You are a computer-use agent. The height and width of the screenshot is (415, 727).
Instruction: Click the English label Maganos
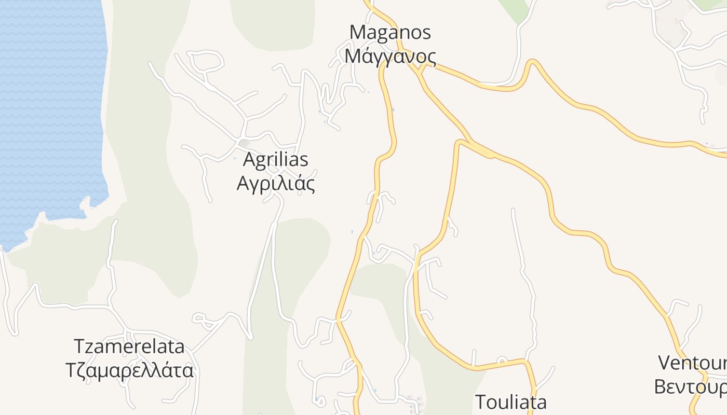click(x=390, y=32)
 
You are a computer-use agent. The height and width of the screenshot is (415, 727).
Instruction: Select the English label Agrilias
click(x=275, y=160)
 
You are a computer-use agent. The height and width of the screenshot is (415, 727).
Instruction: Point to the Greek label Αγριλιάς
click(x=275, y=183)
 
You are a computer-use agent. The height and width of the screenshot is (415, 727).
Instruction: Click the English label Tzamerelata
click(x=129, y=347)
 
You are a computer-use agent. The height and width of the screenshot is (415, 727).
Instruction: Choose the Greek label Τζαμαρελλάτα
click(x=129, y=371)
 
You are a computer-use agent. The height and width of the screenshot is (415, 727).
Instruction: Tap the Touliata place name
click(x=511, y=402)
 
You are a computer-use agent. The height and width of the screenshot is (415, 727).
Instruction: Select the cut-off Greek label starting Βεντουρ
click(x=690, y=387)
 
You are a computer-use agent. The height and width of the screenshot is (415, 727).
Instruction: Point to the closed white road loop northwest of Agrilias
click(x=207, y=61)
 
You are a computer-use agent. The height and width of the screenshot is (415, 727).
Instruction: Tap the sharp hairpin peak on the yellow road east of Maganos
click(x=532, y=62)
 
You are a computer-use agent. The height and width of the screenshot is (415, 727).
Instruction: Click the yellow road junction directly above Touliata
click(x=526, y=361)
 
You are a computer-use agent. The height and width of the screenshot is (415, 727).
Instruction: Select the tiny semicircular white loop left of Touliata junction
click(x=502, y=359)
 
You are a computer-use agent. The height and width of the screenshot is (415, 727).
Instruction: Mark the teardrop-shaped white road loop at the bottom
click(x=321, y=400)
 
